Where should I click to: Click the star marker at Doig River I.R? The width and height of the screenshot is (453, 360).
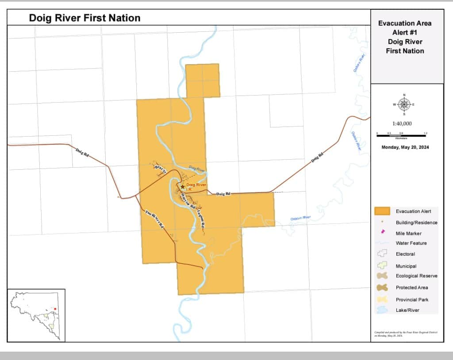coord(182,187)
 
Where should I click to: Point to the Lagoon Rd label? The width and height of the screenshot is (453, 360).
coord(201,218)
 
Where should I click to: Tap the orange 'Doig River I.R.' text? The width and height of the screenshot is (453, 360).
coord(196,187)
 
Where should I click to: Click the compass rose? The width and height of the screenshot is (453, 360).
coord(404,104)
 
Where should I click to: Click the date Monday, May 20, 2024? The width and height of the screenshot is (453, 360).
coord(405,147)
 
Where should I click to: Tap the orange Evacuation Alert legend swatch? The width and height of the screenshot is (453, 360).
coord(382,211)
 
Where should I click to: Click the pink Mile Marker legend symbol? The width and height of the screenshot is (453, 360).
coord(382,233)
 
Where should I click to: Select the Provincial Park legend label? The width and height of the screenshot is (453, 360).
coord(412,299)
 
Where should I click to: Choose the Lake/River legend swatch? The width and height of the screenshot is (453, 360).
coord(382,310)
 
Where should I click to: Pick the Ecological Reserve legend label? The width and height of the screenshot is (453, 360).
coord(416,276)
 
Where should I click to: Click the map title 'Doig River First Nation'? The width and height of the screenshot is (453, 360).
coord(84,18)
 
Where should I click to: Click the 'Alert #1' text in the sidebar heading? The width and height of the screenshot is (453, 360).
coord(405,32)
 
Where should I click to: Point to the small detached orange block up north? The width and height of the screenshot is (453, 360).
coord(203,80)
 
